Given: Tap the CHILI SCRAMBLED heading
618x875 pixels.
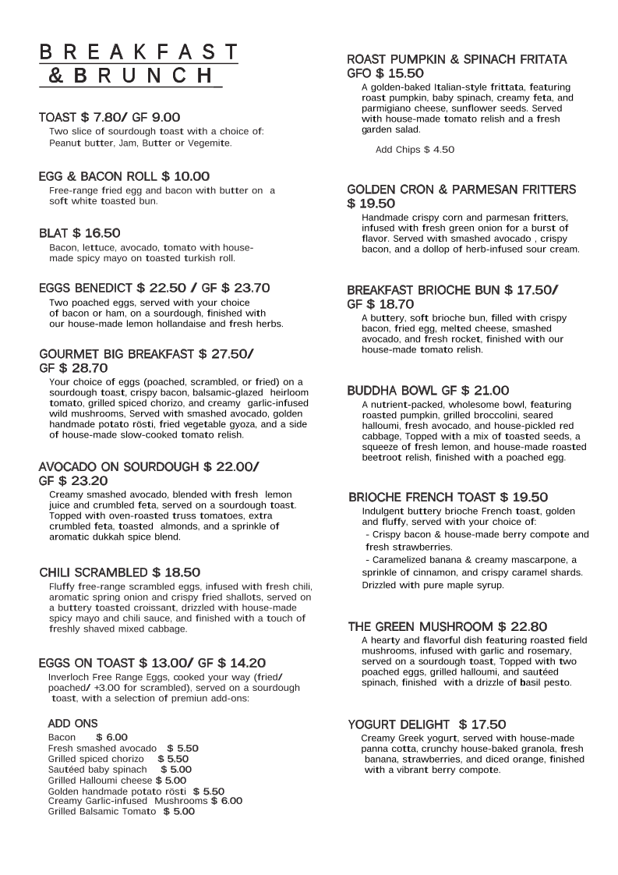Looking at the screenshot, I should point(94,572).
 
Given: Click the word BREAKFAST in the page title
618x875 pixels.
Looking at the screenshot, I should point(139,52).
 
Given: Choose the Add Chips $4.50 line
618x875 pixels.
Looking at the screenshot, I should point(415,150).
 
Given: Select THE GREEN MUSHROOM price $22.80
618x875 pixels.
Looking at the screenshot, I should point(522,626).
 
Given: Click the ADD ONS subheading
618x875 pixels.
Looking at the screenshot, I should point(72,724).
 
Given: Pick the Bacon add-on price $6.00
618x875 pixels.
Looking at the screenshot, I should point(111,737).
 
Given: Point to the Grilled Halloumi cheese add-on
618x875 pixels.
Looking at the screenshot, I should point(101,780).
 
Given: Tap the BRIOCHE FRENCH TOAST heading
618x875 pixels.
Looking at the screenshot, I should point(421,497).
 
